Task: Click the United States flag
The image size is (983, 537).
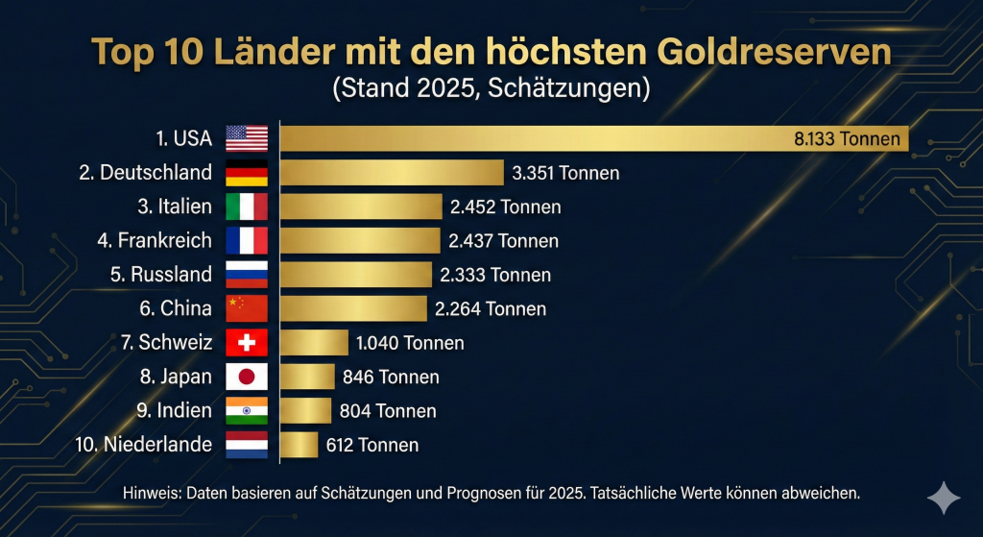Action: (x=247, y=138)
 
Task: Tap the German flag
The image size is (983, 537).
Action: (x=247, y=173)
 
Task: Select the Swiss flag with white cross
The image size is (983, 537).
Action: (x=247, y=343)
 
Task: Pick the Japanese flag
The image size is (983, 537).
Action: (x=247, y=377)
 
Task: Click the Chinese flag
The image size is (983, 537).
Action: (x=247, y=308)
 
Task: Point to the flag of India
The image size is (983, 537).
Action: (x=247, y=410)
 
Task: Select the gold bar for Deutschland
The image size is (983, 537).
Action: (x=392, y=173)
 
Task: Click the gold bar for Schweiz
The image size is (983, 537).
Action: (x=314, y=343)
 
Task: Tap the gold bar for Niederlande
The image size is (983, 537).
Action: (x=299, y=445)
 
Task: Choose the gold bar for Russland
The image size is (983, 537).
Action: (x=356, y=275)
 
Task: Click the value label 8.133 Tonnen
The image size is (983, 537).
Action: (x=847, y=138)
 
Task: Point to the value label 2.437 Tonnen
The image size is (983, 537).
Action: (x=503, y=241)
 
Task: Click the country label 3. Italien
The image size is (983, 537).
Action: (x=172, y=207)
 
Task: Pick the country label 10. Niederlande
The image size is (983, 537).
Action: (x=143, y=445)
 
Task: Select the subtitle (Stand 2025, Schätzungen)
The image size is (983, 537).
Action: (x=491, y=89)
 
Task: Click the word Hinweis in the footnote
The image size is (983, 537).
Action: (x=151, y=493)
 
